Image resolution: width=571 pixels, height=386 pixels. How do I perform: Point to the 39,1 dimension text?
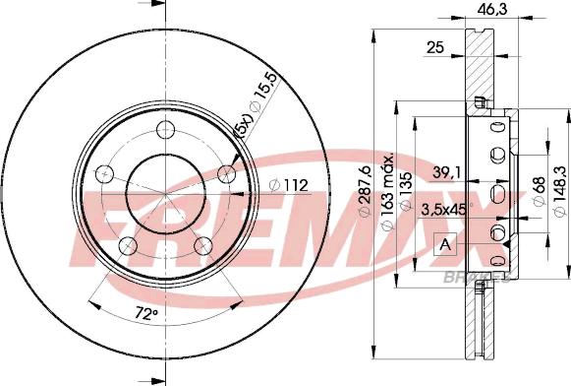(445, 173)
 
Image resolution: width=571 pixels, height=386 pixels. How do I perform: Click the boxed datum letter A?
(446, 245)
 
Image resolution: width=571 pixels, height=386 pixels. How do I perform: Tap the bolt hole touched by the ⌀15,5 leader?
(227, 174)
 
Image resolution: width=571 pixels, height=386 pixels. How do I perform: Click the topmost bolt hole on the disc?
(164, 128)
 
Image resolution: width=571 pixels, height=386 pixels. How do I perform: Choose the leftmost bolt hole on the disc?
(101, 174)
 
